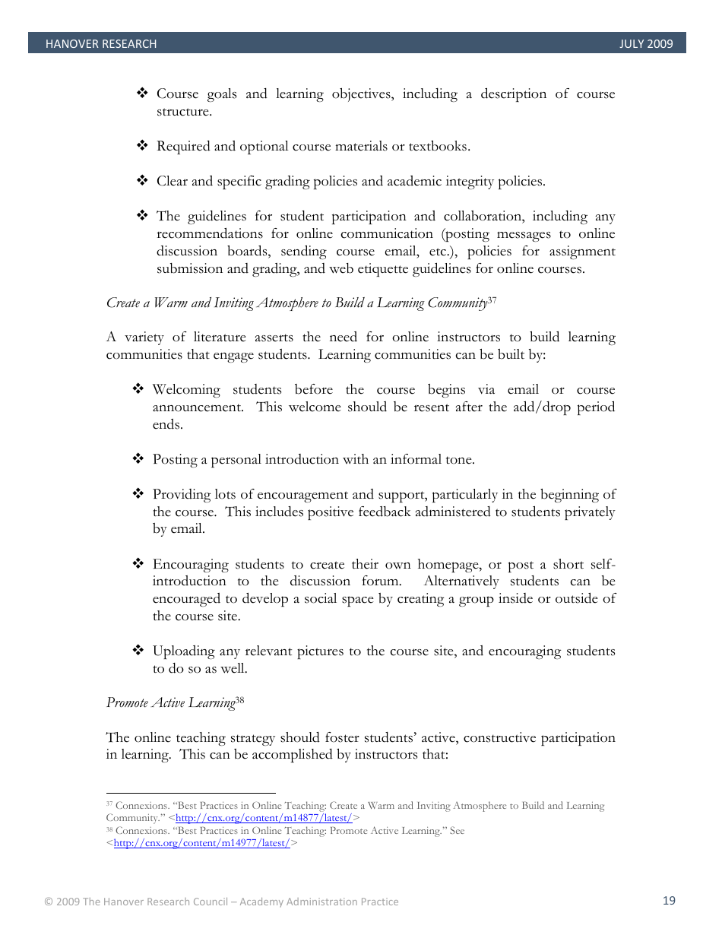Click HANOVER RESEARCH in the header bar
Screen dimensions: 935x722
[x=101, y=44]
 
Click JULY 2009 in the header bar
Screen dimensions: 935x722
[x=646, y=44]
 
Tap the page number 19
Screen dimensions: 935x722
[x=669, y=901]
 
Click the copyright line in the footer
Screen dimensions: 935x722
[x=221, y=902]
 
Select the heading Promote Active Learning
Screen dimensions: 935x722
[x=170, y=703]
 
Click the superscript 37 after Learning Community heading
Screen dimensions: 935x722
[x=492, y=300]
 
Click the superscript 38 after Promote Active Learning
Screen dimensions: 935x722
[x=239, y=699]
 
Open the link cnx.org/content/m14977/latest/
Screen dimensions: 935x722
[x=201, y=843]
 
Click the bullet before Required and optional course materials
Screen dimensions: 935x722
[x=141, y=145]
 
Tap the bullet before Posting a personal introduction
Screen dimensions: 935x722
[x=138, y=458]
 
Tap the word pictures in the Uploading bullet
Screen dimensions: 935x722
[x=321, y=651]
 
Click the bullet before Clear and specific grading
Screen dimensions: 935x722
[x=141, y=180]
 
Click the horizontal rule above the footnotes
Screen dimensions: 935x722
[x=190, y=793]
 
